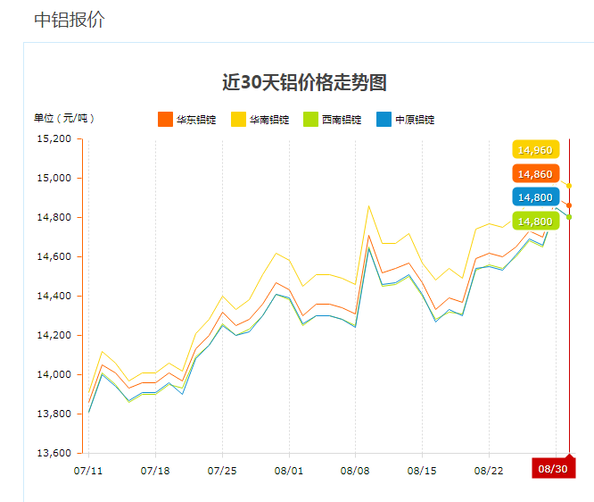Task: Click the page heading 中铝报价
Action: [70, 20]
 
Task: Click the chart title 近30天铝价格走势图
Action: [304, 83]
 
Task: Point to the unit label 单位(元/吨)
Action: [64, 119]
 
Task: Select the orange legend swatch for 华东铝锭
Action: [165, 120]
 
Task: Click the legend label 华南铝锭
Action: [269, 120]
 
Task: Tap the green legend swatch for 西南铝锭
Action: [310, 120]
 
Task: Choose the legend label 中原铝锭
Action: [415, 120]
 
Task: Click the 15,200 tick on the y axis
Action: [53, 139]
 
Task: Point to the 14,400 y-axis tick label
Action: [53, 297]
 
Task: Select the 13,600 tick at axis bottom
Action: [53, 454]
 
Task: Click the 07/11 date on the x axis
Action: [88, 470]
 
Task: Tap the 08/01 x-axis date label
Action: [288, 470]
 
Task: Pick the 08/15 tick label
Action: [422, 470]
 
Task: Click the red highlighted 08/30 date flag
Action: [553, 469]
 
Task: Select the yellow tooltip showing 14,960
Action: [535, 150]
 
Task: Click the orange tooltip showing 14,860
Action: [535, 174]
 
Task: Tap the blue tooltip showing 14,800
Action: [535, 197]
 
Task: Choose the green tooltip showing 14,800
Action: [535, 221]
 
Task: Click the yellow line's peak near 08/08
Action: [368, 206]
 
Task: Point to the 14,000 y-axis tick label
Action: [53, 375]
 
